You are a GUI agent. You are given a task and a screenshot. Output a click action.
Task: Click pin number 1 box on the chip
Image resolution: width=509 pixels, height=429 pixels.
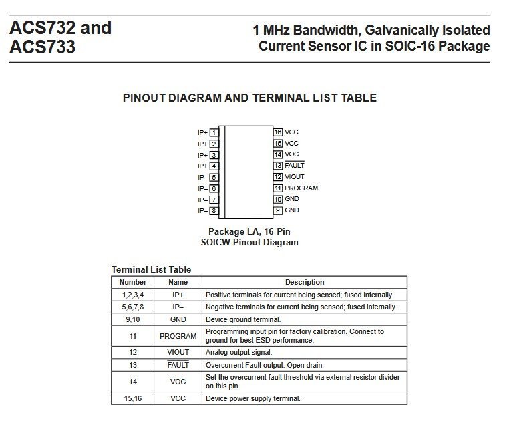pyautogui.click(x=214, y=132)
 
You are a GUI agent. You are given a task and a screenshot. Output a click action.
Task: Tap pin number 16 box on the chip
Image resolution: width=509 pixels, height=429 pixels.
pyautogui.click(x=278, y=132)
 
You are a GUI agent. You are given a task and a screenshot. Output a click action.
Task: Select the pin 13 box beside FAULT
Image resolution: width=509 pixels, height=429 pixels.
pyautogui.click(x=278, y=166)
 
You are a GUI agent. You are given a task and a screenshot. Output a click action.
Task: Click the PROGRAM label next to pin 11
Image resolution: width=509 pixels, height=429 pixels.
pyautogui.click(x=301, y=188)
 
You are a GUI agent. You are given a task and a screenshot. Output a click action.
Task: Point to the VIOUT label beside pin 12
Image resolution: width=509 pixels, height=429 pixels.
pyautogui.click(x=294, y=177)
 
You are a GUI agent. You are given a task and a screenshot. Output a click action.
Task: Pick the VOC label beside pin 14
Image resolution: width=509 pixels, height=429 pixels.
pyautogui.click(x=291, y=154)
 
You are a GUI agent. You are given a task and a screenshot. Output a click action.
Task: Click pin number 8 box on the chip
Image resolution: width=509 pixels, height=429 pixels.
pyautogui.click(x=214, y=211)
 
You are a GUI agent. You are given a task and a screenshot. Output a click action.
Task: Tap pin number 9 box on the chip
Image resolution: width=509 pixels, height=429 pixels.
pyautogui.click(x=278, y=210)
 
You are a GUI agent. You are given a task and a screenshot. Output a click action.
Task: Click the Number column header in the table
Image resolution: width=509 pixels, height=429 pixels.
pyautogui.click(x=133, y=282)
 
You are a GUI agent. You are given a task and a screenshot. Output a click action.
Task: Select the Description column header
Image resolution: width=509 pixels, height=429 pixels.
pyautogui.click(x=305, y=282)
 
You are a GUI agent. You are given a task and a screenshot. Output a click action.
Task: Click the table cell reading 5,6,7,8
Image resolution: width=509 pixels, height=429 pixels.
pyautogui.click(x=133, y=307)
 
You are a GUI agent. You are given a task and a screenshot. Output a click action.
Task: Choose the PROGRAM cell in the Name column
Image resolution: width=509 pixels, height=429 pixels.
pyautogui.click(x=178, y=336)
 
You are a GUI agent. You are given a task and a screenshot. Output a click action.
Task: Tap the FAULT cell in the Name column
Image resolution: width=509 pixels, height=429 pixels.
pyautogui.click(x=178, y=365)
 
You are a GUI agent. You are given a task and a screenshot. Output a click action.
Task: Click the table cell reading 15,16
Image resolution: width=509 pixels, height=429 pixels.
pyautogui.click(x=133, y=398)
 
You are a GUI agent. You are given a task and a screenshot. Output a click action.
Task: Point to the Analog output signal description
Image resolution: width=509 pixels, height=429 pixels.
pyautogui.click(x=239, y=352)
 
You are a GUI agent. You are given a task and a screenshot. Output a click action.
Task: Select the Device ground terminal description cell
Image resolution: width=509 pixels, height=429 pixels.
pyautogui.click(x=243, y=319)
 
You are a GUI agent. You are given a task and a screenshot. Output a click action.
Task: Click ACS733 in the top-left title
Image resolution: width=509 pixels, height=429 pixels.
pyautogui.click(x=43, y=48)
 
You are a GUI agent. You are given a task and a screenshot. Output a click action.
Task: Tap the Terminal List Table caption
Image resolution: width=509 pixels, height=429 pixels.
pyautogui.click(x=151, y=269)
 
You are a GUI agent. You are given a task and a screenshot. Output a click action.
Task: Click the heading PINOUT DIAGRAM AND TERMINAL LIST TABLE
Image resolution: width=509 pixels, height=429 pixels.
pyautogui.click(x=250, y=98)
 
